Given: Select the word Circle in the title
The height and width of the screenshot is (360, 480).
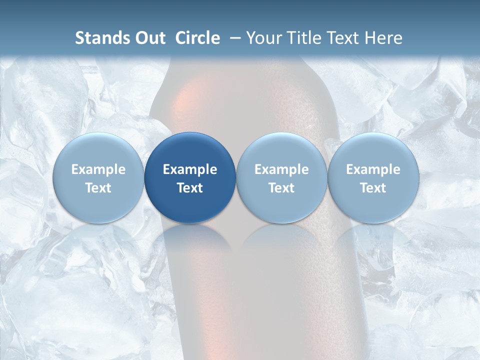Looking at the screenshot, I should tap(197, 38).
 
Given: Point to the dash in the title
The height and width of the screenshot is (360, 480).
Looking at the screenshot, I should tap(233, 38).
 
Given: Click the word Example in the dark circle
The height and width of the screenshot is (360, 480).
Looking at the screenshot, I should tap(190, 169).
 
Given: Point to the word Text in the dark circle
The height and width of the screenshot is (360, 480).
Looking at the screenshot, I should tap(190, 188).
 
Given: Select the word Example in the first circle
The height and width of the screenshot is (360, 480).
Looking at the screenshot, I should tap(98, 169).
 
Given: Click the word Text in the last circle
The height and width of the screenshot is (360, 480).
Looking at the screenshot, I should tap(373, 188).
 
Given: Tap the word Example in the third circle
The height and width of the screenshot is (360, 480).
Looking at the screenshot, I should tap(281, 169).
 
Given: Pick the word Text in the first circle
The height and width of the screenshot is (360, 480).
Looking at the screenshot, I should tap(98, 188).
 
